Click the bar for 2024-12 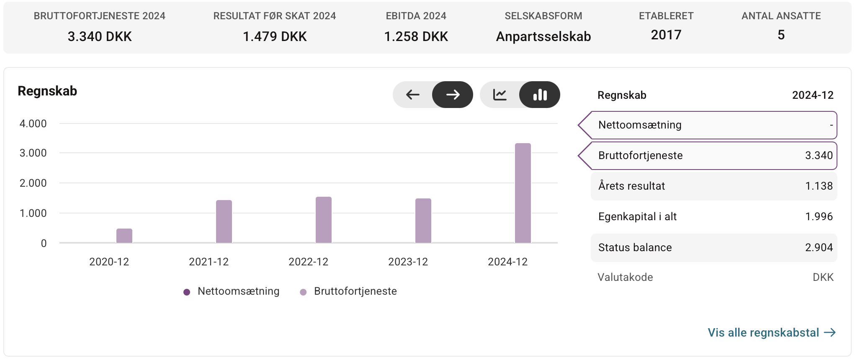[x=523, y=193]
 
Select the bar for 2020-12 [x=124, y=236]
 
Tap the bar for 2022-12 [x=324, y=220]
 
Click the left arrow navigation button [x=413, y=95]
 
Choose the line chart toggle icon [x=500, y=95]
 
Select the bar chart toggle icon [x=540, y=95]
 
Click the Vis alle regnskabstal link [x=772, y=332]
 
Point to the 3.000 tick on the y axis [x=33, y=153]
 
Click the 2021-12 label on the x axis [x=209, y=262]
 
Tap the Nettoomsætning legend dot [x=187, y=292]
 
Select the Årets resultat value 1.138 [x=819, y=186]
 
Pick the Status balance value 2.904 [x=819, y=247]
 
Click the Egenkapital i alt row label [x=637, y=216]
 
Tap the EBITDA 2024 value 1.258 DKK [x=416, y=36]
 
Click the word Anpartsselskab [x=543, y=36]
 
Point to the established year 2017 [x=666, y=35]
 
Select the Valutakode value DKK [x=823, y=277]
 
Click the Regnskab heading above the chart [x=47, y=91]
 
